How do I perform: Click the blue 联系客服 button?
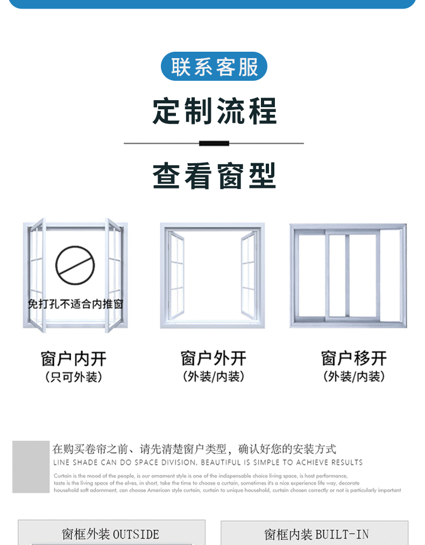tap(214, 67)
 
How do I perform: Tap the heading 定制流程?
tap(214, 111)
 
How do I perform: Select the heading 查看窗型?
tap(214, 176)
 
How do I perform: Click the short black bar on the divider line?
tap(214, 143)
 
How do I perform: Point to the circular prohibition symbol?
tap(75, 265)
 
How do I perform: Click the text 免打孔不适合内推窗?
tap(75, 304)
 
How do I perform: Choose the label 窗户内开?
tap(74, 359)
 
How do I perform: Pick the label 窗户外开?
tap(214, 358)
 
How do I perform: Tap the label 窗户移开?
tap(354, 358)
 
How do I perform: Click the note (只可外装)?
tap(74, 377)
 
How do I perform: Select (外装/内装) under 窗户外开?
tap(214, 377)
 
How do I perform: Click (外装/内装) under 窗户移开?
tap(354, 377)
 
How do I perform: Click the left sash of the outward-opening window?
tap(176, 275)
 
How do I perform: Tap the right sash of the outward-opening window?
tap(249, 275)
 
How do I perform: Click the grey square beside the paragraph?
tap(31, 467)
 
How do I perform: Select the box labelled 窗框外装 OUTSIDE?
tap(111, 534)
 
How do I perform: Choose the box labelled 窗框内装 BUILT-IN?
tap(315, 534)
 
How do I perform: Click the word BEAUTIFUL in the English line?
tap(221, 463)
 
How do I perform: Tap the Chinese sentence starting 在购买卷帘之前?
tap(194, 449)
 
